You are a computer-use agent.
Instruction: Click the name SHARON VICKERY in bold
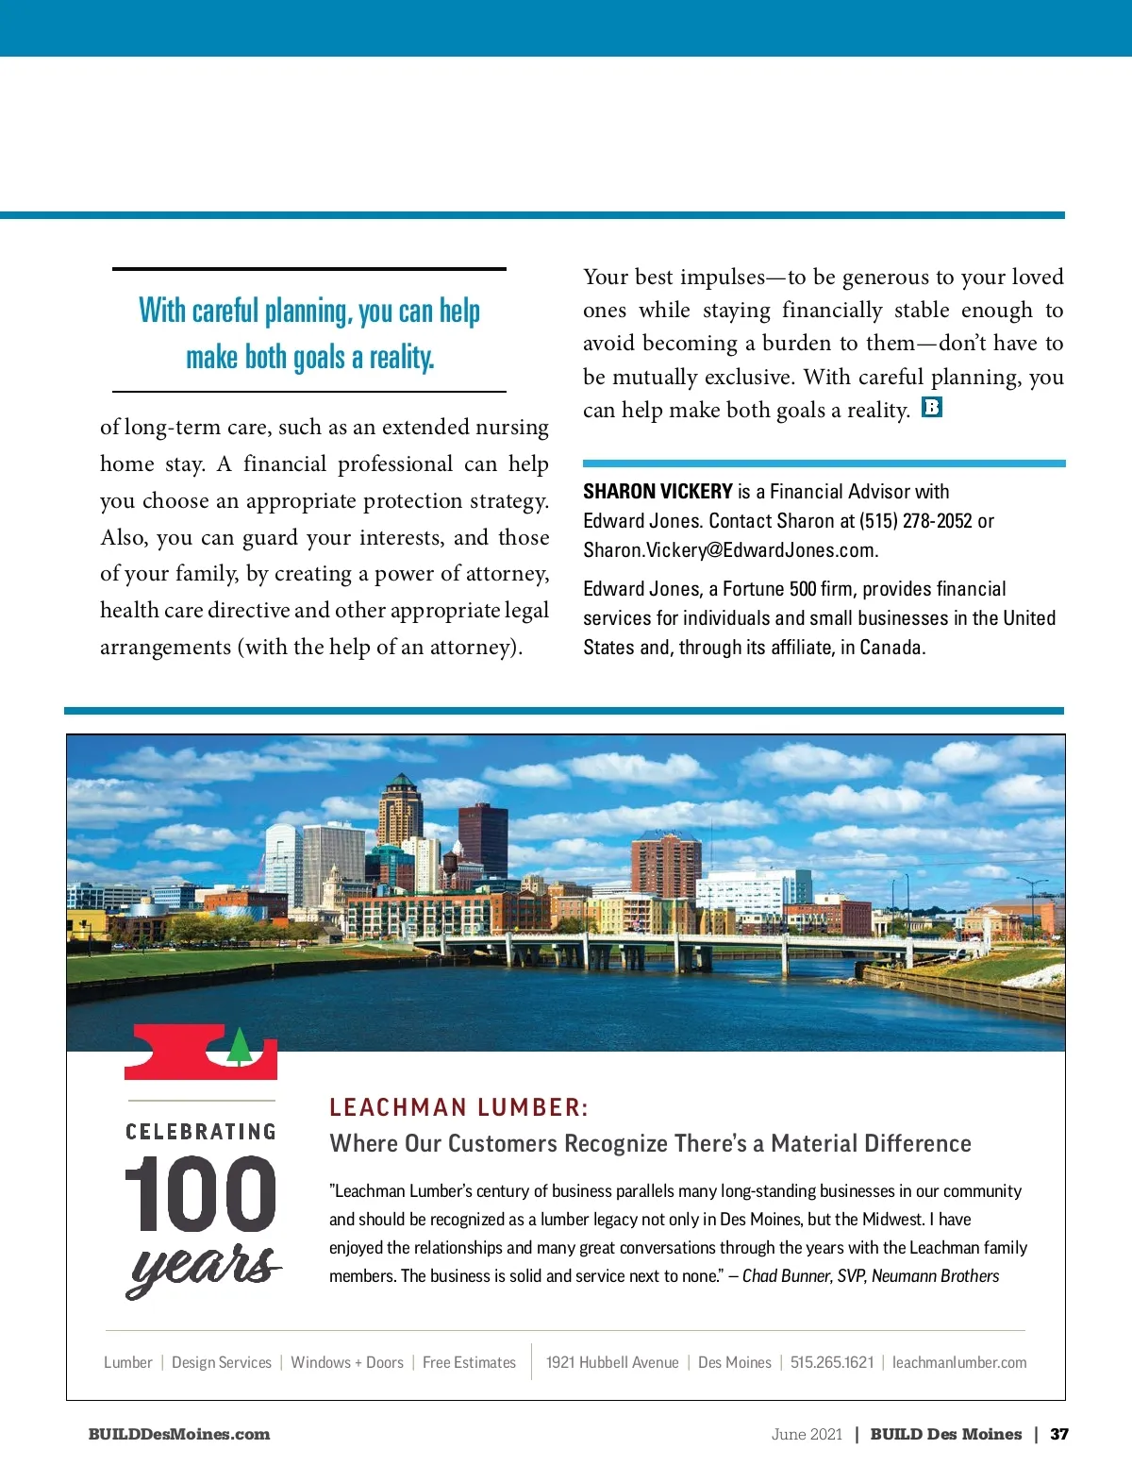658,492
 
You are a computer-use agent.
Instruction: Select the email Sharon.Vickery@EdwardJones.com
730,550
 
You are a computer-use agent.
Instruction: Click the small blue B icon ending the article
932,408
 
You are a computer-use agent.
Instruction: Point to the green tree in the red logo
240,1046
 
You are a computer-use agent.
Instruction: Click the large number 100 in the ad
201,1195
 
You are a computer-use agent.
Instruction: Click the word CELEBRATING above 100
201,1132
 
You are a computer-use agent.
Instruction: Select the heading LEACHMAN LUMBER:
458,1107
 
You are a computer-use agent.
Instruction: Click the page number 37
1059,1434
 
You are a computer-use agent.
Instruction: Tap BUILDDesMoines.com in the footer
179,1434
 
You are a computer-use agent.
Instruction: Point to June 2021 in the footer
807,1434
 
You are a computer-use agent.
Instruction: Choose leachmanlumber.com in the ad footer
959,1362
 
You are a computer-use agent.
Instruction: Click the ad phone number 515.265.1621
832,1362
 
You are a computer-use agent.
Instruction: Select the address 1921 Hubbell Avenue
612,1362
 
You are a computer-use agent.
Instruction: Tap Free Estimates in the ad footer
469,1362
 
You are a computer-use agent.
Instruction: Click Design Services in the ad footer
222,1362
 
